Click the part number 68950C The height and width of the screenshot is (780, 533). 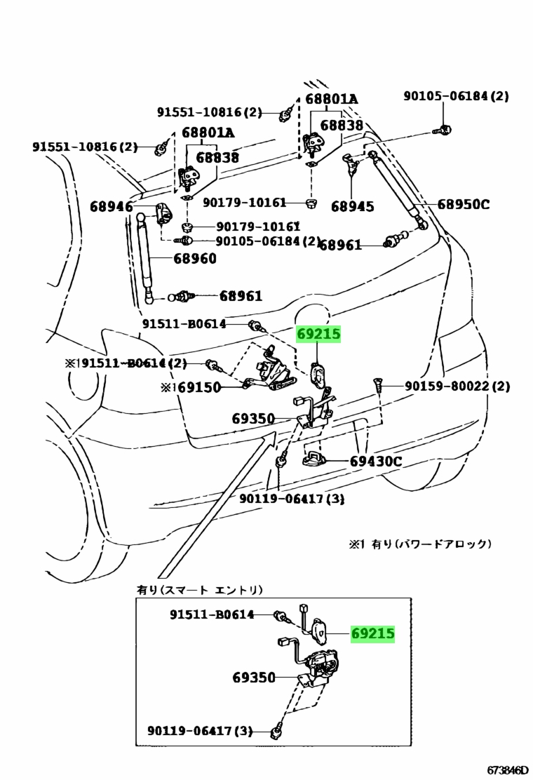pyautogui.click(x=464, y=205)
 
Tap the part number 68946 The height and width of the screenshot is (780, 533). pyautogui.click(x=112, y=207)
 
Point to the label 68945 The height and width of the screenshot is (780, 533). pyautogui.click(x=353, y=206)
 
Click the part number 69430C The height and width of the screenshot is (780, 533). pyautogui.click(x=375, y=461)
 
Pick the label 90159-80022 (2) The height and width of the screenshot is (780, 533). pyautogui.click(x=456, y=386)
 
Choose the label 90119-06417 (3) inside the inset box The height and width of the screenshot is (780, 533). pyautogui.click(x=199, y=732)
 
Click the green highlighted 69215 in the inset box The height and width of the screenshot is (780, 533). pyautogui.click(x=372, y=634)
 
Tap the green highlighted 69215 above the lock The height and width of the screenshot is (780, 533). pyautogui.click(x=319, y=335)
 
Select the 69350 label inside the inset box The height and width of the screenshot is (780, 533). pyautogui.click(x=253, y=678)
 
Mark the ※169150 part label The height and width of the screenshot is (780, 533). pyautogui.click(x=191, y=387)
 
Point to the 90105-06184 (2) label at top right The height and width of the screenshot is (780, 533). pyautogui.click(x=456, y=96)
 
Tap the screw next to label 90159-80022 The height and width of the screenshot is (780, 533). pyautogui.click(x=377, y=385)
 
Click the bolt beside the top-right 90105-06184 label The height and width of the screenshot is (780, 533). pyautogui.click(x=442, y=130)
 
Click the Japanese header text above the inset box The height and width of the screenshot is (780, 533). pyautogui.click(x=201, y=590)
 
